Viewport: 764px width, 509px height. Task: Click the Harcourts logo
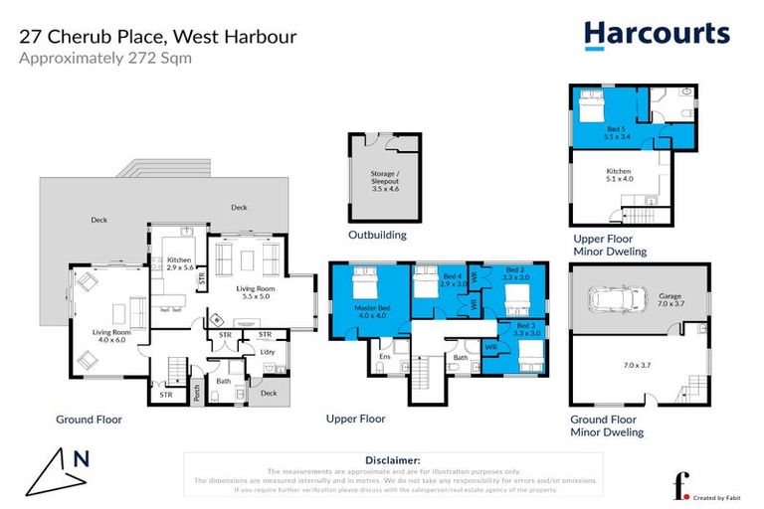[x=656, y=35]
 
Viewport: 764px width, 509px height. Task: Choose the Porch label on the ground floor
[x=197, y=393]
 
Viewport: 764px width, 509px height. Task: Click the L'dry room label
[x=267, y=353]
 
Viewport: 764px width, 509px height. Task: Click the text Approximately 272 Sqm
[x=105, y=58]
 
